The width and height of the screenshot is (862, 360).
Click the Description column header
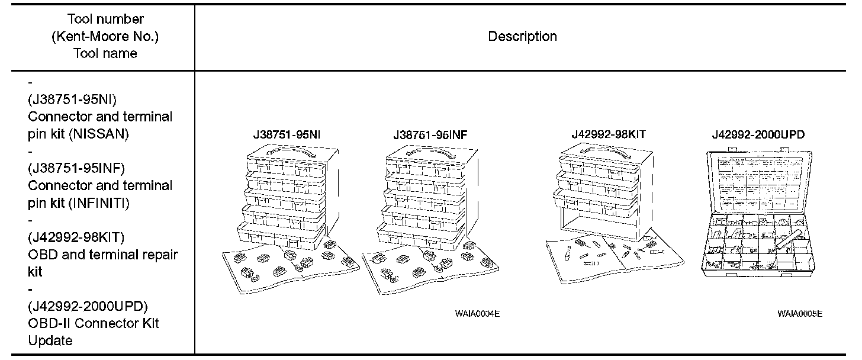tap(522, 37)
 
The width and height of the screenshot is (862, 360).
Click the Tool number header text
tap(105, 20)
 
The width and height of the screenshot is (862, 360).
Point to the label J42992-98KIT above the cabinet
tap(608, 134)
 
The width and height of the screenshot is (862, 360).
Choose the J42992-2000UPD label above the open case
tap(758, 135)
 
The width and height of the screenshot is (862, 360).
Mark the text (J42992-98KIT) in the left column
tap(76, 237)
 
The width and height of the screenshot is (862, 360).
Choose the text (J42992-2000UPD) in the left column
tap(88, 306)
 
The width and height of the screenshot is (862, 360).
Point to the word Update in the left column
tap(50, 340)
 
